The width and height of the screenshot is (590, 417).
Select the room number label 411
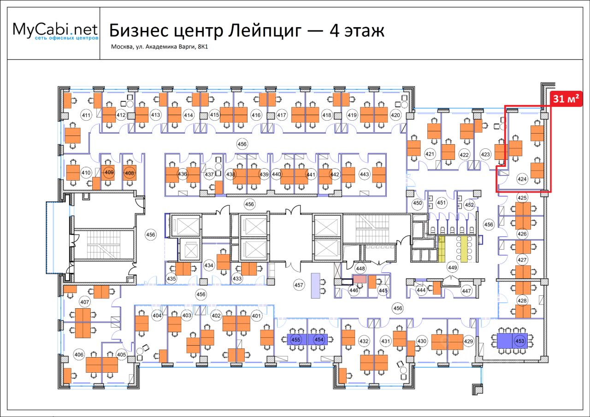(85, 115)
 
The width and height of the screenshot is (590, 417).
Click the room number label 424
(522, 179)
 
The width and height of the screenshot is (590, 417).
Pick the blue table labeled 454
(319, 340)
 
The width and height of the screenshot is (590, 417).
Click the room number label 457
(299, 285)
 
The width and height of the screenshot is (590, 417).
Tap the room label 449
(452, 268)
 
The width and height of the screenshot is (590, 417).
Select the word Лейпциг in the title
(264, 31)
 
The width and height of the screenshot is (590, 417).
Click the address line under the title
(160, 47)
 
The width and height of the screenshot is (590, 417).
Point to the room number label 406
(79, 354)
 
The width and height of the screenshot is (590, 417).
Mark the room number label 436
(183, 174)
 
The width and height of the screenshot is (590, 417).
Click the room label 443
(365, 174)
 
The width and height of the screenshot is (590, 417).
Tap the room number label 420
(395, 115)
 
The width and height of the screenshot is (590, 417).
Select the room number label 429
(468, 341)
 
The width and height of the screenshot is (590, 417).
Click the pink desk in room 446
(360, 279)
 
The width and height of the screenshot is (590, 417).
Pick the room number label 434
(209, 265)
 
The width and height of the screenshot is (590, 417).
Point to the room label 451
(442, 203)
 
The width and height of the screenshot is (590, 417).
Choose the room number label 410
(86, 173)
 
